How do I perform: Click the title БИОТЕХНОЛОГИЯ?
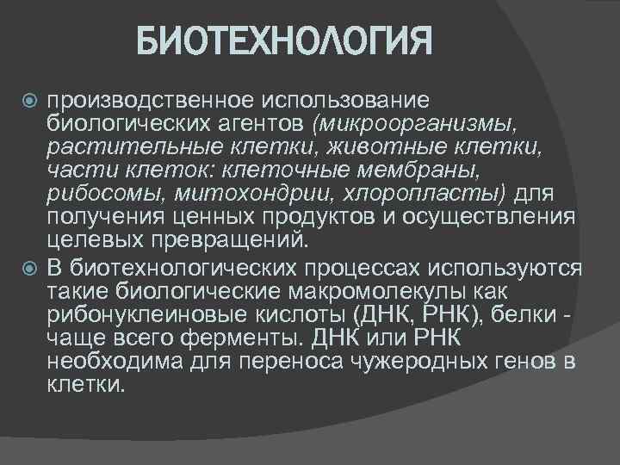[x=284, y=40]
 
